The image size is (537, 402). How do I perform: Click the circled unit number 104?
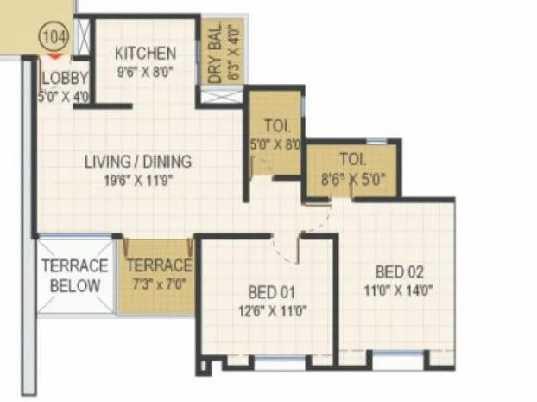pyautogui.click(x=54, y=37)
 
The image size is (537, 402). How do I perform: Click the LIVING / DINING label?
pyautogui.click(x=138, y=161)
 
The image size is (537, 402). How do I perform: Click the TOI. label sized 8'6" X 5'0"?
pyautogui.click(x=353, y=159)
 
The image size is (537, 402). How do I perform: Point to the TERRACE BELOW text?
pyautogui.click(x=74, y=275)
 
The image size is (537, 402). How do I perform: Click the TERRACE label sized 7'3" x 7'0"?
pyautogui.click(x=159, y=265)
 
